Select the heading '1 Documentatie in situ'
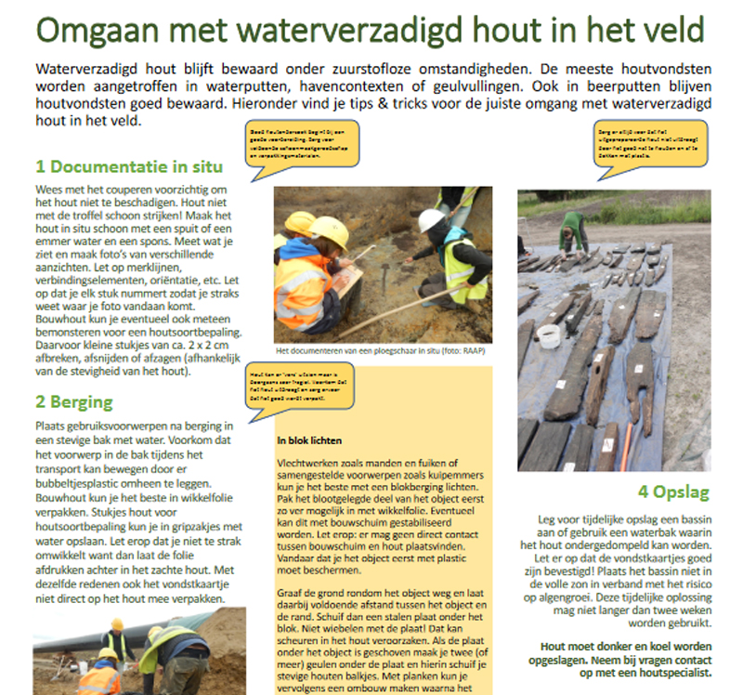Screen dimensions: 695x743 click(x=129, y=167)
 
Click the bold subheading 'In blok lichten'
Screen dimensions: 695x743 click(x=310, y=439)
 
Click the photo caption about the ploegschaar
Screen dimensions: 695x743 click(x=381, y=352)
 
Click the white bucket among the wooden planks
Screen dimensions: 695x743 click(x=549, y=335)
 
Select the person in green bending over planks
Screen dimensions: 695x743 click(x=573, y=230)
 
